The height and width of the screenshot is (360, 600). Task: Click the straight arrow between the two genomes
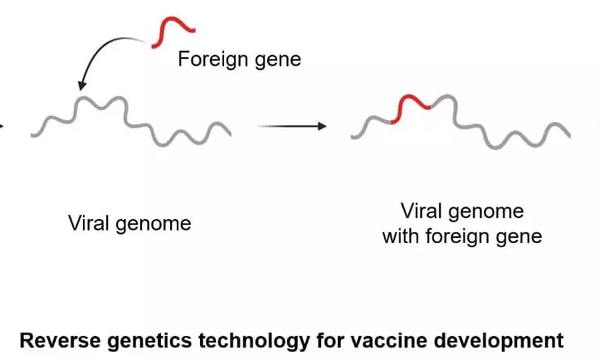point(290,126)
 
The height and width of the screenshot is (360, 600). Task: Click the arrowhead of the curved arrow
point(81,84)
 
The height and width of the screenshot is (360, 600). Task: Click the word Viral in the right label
point(422,210)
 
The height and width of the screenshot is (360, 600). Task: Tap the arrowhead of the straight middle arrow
point(322,126)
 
